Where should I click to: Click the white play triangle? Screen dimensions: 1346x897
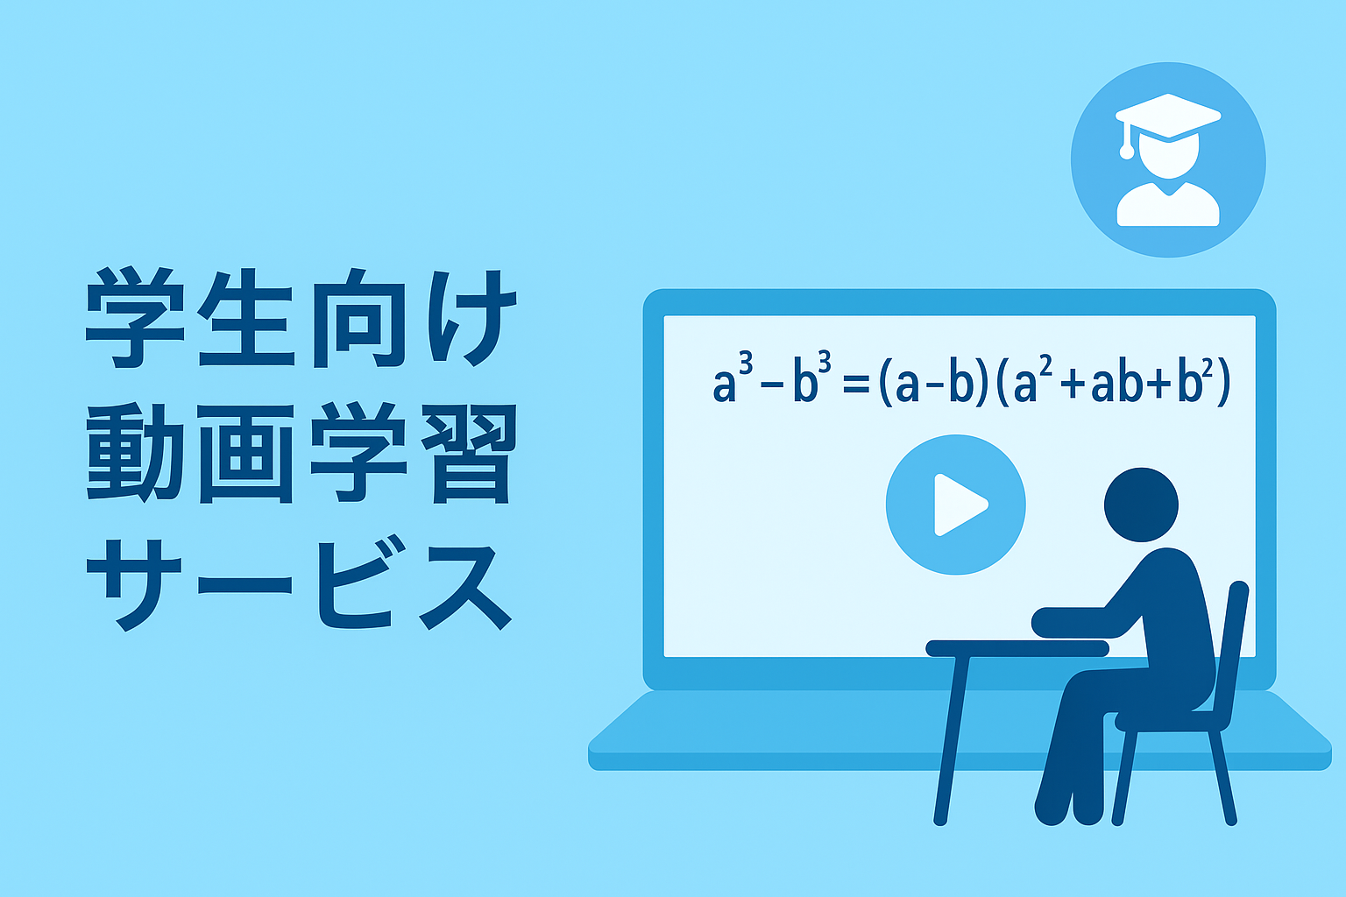(x=959, y=505)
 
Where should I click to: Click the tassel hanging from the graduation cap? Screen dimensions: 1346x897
(x=1127, y=142)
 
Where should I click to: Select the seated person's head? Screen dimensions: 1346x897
(x=1141, y=505)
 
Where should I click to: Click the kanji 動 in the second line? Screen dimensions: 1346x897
(x=135, y=453)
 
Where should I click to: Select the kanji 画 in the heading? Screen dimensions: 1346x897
(x=246, y=454)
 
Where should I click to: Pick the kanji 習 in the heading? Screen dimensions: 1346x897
(x=470, y=454)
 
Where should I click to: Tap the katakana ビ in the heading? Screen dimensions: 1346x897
(x=360, y=583)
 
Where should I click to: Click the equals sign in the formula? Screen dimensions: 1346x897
(x=856, y=384)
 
